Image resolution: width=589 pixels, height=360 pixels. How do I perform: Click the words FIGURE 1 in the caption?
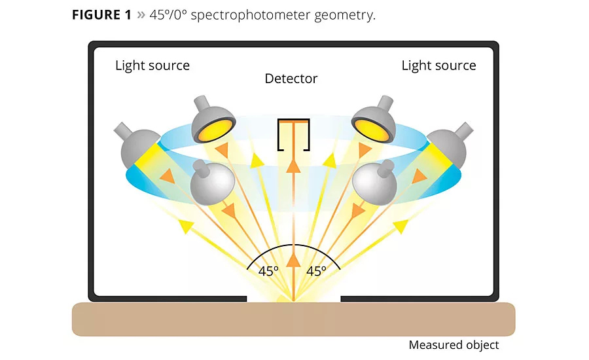click(x=101, y=15)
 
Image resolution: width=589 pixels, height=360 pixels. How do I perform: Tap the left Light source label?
click(x=152, y=65)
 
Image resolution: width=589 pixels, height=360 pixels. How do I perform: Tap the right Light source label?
click(x=438, y=65)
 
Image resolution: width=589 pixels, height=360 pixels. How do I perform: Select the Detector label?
click(x=291, y=79)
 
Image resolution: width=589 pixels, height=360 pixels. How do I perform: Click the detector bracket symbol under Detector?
click(x=293, y=134)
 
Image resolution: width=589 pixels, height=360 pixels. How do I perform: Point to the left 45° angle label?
click(x=268, y=271)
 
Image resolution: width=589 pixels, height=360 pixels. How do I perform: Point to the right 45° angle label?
click(x=316, y=271)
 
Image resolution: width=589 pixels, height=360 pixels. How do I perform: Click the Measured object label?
click(x=454, y=345)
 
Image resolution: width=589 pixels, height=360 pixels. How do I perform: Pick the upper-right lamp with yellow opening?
click(x=373, y=121)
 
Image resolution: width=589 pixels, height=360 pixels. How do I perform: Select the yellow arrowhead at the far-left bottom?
click(x=186, y=226)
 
